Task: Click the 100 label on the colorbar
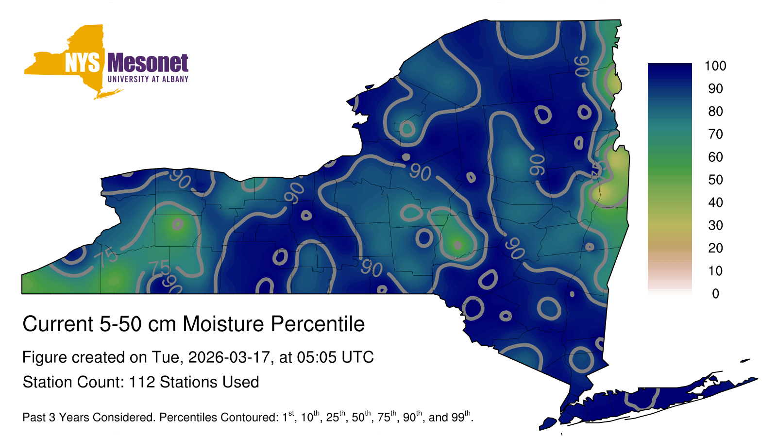[x=715, y=66]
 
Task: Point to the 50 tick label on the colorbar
[x=716, y=180]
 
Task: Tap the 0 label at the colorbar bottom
[x=716, y=294]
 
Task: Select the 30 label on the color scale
[x=716, y=225]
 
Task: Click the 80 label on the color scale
[x=716, y=111]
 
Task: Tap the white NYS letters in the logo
[x=82, y=63]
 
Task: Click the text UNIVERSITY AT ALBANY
[x=148, y=79]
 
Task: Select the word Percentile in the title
[x=318, y=324]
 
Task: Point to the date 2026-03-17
[x=229, y=357]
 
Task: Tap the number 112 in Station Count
[x=142, y=382]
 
